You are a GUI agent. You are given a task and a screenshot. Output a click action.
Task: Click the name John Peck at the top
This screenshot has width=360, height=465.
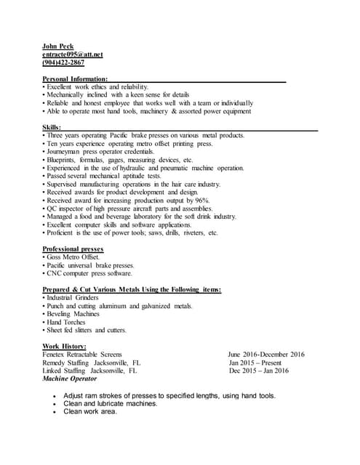(57, 46)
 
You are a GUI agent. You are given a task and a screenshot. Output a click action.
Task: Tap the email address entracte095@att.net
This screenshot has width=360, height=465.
(73, 54)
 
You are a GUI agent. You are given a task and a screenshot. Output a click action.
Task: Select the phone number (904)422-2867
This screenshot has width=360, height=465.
(63, 62)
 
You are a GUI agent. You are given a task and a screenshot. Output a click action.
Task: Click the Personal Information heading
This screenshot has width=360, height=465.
(76, 78)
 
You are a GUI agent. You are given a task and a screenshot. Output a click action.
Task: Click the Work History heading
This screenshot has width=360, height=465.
(65, 346)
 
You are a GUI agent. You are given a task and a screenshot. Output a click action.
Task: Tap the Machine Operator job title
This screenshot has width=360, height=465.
(69, 379)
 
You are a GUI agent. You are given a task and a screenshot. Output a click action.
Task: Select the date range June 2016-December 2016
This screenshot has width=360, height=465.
(265, 355)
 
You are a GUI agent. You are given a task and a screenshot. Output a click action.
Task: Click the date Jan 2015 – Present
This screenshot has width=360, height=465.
(255, 363)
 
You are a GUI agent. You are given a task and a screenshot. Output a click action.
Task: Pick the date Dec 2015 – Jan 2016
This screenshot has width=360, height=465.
(258, 371)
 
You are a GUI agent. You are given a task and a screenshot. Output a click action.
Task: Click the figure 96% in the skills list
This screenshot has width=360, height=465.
(201, 201)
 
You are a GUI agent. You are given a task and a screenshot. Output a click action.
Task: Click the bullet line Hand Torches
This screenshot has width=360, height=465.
(68, 322)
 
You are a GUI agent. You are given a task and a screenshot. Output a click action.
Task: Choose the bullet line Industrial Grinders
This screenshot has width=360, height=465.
(73, 298)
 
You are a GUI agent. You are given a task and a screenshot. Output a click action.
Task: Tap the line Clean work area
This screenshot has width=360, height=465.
(90, 411)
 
